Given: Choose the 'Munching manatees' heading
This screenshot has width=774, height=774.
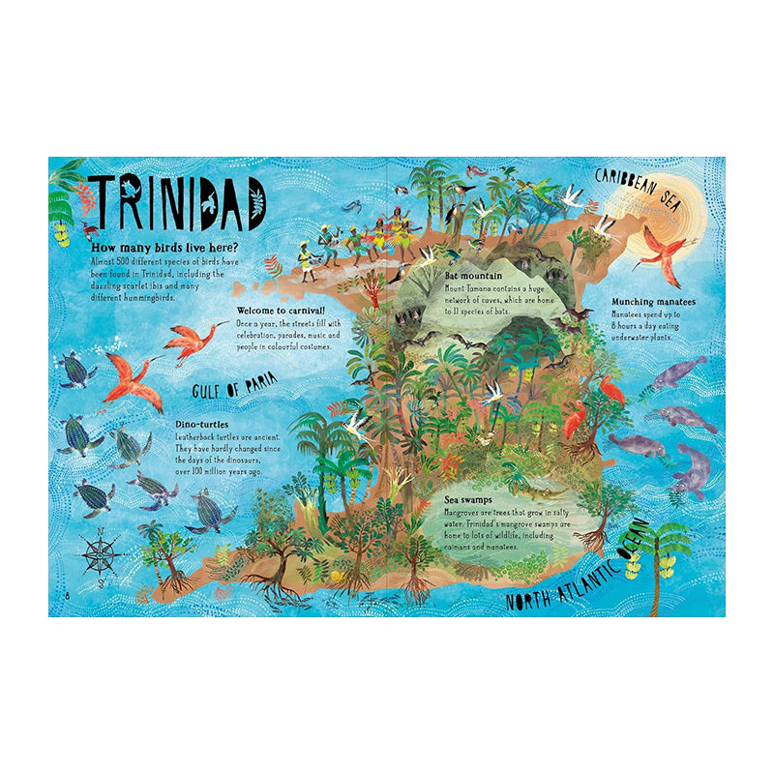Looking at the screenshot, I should pyautogui.click(x=653, y=301).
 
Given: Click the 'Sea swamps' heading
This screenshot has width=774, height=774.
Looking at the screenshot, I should pyautogui.click(x=469, y=500).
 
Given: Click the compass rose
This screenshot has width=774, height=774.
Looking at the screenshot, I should pyautogui.click(x=99, y=554).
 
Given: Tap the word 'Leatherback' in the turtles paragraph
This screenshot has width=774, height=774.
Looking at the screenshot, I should pyautogui.click(x=199, y=437).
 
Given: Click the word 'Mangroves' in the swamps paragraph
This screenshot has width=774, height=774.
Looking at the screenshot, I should pyautogui.click(x=465, y=512).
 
